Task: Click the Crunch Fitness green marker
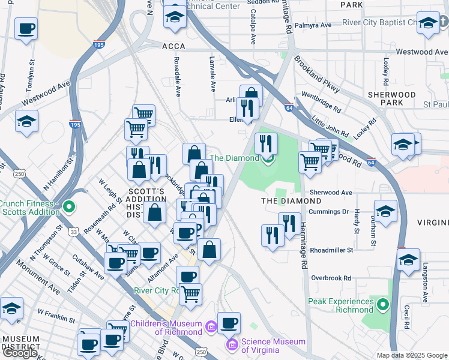69,208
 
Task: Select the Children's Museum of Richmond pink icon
211,327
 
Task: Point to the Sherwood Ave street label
330,193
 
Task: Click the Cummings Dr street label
328,212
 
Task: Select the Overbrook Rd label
331,278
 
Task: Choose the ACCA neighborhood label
173,46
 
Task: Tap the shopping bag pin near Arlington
251,95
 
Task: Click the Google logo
20,353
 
